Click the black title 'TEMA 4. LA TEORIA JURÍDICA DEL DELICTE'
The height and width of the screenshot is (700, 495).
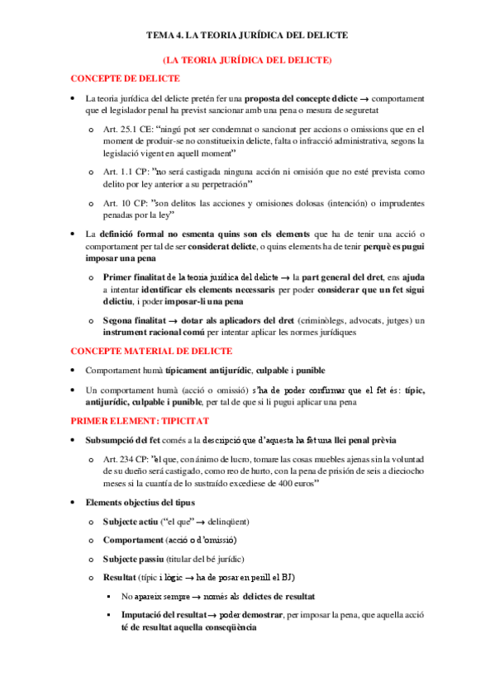[247, 35]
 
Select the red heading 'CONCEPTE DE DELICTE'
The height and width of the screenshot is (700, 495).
[125, 78]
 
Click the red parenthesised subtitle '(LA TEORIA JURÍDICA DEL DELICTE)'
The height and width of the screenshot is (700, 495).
[247, 60]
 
